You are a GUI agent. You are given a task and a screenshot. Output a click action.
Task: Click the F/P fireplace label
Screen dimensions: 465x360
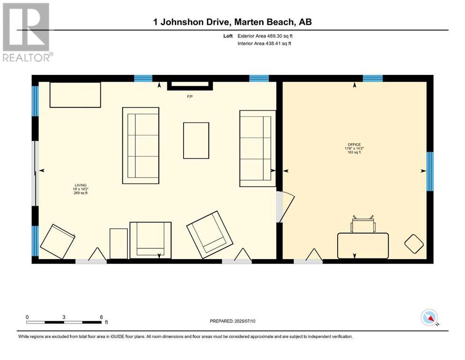(190, 97)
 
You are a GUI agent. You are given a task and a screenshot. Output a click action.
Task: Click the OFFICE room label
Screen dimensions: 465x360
(354, 144)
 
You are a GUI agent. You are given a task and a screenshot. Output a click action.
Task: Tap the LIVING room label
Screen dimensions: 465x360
(81, 185)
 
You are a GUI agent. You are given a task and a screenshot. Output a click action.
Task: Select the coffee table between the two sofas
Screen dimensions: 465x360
(196, 140)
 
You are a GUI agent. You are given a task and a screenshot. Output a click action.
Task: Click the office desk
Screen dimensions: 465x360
(363, 246)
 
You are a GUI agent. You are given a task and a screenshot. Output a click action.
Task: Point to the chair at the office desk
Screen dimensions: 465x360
(363, 224)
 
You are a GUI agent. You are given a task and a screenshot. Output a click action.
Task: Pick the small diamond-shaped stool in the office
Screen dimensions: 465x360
(414, 244)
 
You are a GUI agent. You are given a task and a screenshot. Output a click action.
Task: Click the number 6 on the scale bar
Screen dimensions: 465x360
(102, 317)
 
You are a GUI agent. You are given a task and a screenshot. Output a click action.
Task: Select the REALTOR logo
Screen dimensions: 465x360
(26, 32)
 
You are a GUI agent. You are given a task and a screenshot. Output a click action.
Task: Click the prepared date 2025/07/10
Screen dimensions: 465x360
(244, 321)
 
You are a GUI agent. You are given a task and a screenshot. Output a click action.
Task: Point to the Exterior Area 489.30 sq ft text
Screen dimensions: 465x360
(265, 36)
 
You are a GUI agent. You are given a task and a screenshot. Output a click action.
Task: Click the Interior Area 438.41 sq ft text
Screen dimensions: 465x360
(264, 43)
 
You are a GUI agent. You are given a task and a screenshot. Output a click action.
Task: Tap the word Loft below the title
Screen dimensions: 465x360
(228, 36)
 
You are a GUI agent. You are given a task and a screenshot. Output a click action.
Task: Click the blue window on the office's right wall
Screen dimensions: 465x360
(430, 172)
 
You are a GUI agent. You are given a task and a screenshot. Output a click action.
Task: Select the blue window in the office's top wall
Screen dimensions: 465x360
(373, 78)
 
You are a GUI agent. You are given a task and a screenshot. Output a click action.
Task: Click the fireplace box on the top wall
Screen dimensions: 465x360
(190, 85)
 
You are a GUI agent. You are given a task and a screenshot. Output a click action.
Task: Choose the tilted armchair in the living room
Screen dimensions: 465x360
(210, 235)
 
